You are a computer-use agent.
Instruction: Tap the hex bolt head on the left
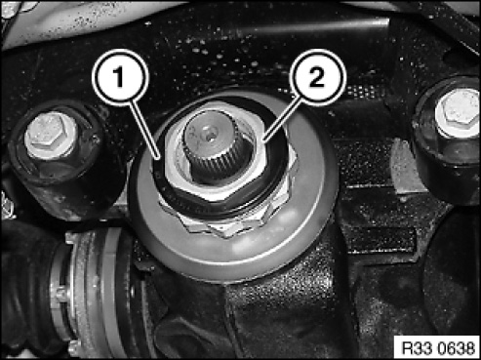51,135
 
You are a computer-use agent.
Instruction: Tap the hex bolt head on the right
458,112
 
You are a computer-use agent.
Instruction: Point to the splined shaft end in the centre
214,145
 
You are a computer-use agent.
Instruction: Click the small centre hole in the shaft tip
209,133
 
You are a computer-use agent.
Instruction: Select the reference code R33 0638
438,348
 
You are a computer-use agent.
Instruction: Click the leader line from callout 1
145,130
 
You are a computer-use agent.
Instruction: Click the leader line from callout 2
281,118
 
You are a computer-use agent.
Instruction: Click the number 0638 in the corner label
457,348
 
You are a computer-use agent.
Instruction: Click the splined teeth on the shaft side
214,164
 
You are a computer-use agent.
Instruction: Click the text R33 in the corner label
418,348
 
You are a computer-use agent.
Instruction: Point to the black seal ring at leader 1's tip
158,173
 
